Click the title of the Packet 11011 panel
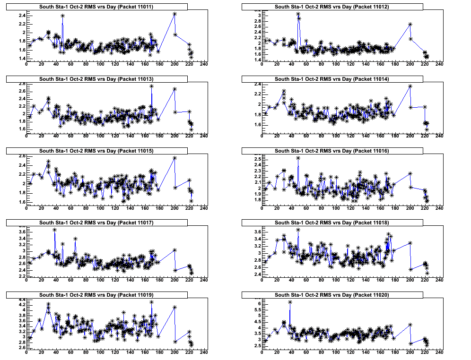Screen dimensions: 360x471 [96, 7]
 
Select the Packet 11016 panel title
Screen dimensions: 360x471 [331, 151]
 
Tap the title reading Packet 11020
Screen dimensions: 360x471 [331, 295]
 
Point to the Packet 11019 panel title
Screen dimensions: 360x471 [96, 295]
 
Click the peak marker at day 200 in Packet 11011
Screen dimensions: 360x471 [174, 14]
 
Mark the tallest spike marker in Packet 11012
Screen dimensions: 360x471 [298, 15]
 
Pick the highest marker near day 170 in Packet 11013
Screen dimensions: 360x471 [151, 86]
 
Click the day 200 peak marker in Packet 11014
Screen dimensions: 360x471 [410, 86]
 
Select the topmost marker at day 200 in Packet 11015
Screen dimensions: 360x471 [174, 158]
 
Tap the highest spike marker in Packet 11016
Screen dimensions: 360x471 [298, 158]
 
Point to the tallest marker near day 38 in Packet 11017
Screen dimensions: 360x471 [55, 230]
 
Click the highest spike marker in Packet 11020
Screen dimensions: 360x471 [290, 302]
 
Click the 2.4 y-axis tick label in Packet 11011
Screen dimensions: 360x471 [22, 15]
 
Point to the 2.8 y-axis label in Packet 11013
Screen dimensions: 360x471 [22, 84]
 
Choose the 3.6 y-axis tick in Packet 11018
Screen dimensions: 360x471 [257, 232]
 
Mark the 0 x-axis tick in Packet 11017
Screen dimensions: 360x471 [26, 280]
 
